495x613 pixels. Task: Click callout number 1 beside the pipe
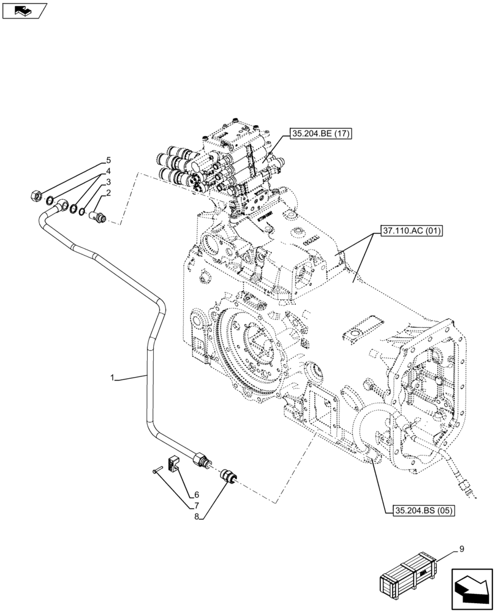(x=113, y=379)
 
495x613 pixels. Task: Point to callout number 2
(x=108, y=193)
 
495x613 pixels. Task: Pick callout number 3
(x=108, y=183)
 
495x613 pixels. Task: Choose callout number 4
(x=108, y=172)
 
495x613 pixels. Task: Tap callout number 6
(x=196, y=495)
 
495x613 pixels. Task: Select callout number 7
(x=196, y=505)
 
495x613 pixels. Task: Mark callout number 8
(x=196, y=516)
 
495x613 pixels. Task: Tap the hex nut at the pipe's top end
(x=36, y=197)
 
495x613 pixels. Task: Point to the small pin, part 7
(x=155, y=470)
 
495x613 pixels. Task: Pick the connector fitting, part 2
(x=98, y=215)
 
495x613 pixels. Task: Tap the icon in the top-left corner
(x=25, y=10)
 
